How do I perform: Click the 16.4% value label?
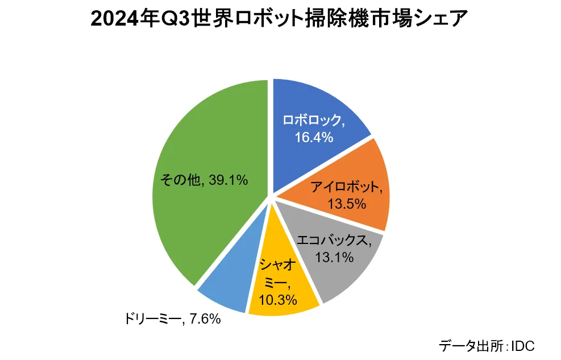(x=313, y=137)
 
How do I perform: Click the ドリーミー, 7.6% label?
(x=172, y=319)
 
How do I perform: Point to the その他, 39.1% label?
(x=203, y=180)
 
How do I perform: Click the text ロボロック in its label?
(x=313, y=121)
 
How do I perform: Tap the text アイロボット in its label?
(x=346, y=187)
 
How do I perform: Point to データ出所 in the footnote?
(x=469, y=345)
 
